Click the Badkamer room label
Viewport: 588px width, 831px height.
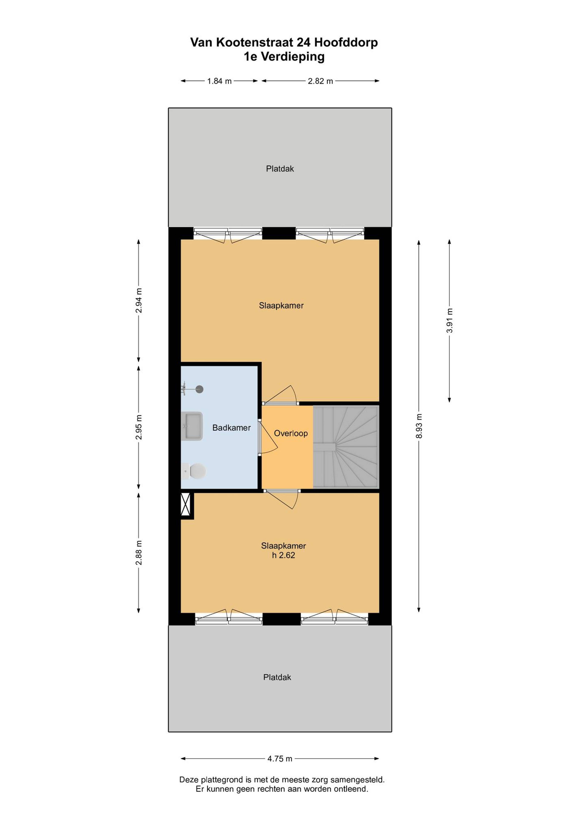click(x=232, y=428)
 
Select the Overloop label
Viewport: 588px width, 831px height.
click(x=291, y=433)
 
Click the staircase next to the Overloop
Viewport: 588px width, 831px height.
click(x=346, y=447)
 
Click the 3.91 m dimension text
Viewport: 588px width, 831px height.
click(x=450, y=320)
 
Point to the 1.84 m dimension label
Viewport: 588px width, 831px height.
click(x=219, y=81)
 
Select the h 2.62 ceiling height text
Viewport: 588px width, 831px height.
click(x=284, y=555)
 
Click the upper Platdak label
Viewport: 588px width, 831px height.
click(x=280, y=169)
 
